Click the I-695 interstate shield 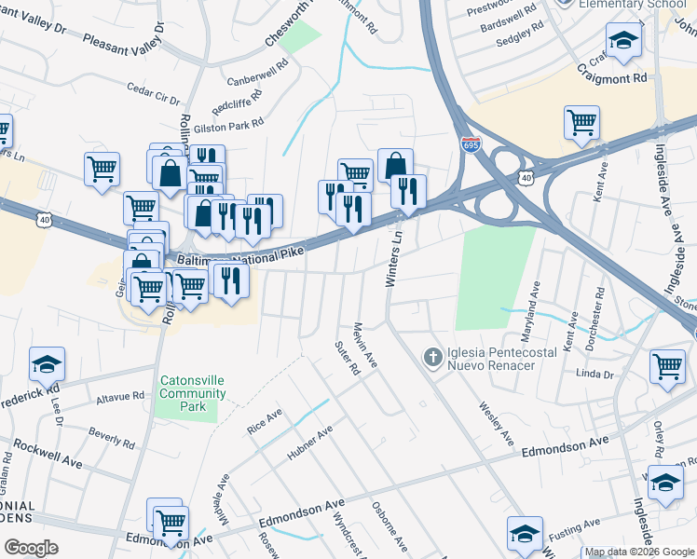471,145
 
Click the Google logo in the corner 31,547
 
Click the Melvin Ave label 363,345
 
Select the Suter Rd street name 347,357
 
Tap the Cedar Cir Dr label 154,92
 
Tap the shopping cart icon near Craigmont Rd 581,122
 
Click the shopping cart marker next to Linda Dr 667,366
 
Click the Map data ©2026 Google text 638,552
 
